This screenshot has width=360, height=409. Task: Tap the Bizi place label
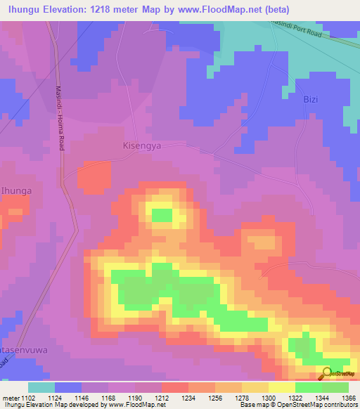311,99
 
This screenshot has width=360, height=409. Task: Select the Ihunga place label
16,190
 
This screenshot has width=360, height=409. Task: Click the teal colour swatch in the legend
41,387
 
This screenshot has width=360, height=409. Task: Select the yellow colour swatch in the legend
282,387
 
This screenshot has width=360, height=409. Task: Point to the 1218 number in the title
94,9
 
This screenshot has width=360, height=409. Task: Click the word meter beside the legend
11,398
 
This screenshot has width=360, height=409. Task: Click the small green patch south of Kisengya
162,215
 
